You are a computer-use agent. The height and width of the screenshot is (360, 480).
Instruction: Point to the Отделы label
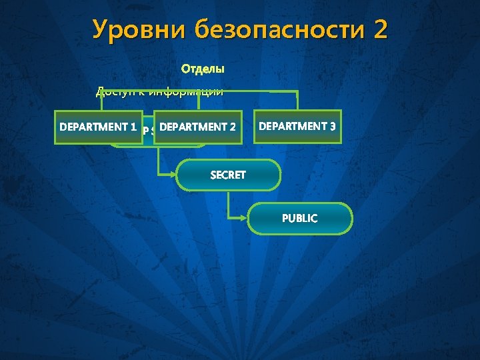[203, 69]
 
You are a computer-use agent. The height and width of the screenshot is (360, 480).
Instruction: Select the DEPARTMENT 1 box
[98, 127]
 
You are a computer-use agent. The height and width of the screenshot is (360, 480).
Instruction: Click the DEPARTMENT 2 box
[198, 127]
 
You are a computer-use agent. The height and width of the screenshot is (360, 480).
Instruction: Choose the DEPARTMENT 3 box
[297, 126]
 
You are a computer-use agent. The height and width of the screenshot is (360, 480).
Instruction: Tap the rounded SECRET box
[228, 175]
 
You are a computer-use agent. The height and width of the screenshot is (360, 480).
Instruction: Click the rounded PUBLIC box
[300, 219]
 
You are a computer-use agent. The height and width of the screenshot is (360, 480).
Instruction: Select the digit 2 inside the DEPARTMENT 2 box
[233, 127]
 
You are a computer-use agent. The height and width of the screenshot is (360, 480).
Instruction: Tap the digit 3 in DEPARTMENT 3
[332, 126]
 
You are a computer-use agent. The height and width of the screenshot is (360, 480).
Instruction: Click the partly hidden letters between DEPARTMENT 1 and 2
[148, 131]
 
